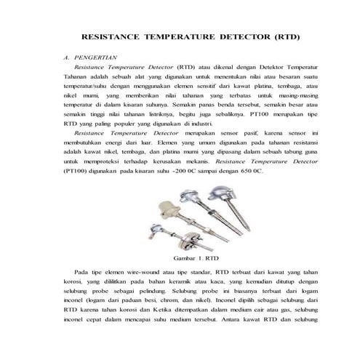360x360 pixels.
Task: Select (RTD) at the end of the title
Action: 286,35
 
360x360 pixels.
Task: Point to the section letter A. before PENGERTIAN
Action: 67,56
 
